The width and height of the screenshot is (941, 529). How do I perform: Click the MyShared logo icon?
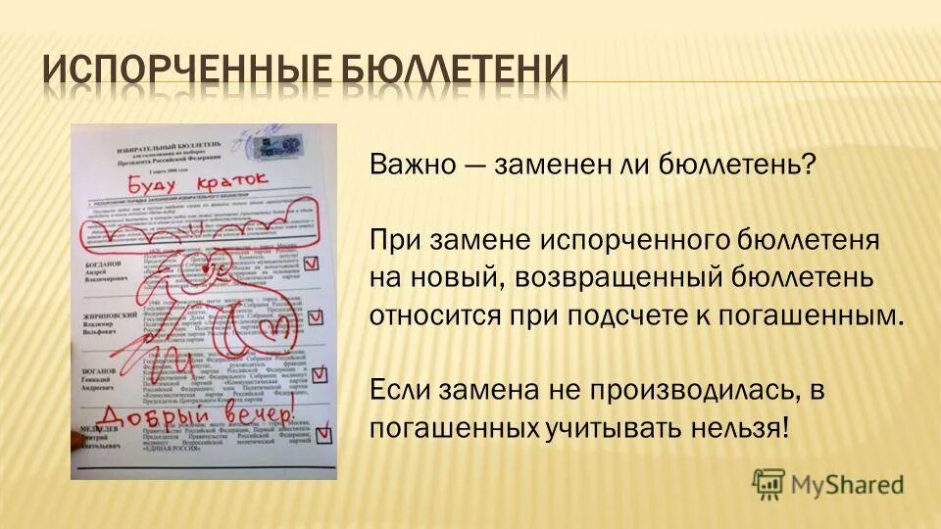768,482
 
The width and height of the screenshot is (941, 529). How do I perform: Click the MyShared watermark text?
848,483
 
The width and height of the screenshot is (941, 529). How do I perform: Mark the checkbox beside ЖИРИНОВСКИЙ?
316,316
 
